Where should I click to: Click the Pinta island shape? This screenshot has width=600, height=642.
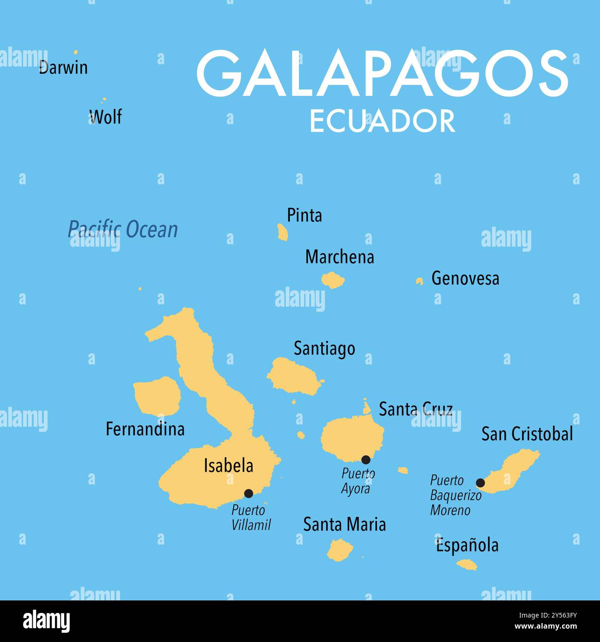282,232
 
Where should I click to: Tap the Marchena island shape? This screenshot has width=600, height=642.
332,279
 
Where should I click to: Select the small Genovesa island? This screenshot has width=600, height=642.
420,281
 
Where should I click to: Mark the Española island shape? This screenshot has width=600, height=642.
467,564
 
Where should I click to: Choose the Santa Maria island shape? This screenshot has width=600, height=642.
340,550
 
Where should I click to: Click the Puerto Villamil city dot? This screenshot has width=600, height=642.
248,493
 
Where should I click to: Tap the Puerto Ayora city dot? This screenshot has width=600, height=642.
366,460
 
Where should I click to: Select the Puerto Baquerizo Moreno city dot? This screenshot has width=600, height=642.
480,483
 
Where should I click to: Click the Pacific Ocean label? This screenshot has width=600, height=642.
123,230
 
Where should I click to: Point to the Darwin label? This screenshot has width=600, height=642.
63,68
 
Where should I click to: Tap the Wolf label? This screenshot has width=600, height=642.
106,117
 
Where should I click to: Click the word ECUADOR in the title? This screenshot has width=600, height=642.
382,121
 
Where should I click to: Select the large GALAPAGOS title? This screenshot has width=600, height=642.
382,74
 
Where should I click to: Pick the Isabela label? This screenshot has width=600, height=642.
228,466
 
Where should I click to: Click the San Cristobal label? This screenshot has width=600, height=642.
527,434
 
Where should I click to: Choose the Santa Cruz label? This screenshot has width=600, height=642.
415,409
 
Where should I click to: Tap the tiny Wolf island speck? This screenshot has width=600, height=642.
104,99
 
